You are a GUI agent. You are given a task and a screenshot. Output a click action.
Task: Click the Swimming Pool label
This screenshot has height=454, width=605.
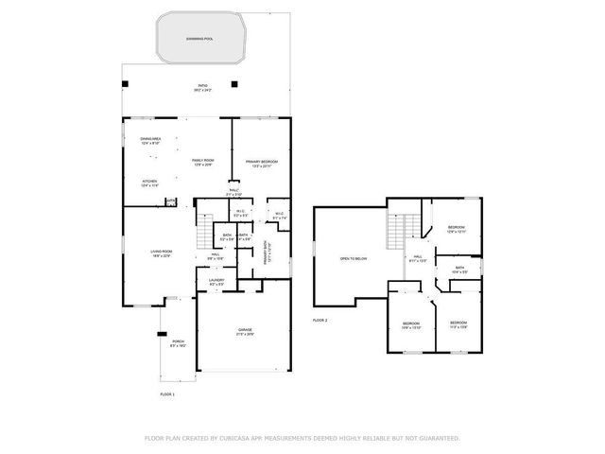pos(201,38)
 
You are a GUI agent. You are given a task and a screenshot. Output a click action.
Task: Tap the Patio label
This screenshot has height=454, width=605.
pos(202,88)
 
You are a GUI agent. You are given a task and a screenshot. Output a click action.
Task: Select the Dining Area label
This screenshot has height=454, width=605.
pos(151,141)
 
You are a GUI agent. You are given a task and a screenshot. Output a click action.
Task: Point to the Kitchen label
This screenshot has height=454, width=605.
pos(149,183)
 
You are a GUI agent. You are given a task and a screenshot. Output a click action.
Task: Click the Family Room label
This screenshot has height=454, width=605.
pos(203,163)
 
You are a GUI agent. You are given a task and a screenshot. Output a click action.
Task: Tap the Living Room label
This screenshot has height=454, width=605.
pos(160,253)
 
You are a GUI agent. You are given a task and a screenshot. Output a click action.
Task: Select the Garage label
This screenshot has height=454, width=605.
pos(244,331)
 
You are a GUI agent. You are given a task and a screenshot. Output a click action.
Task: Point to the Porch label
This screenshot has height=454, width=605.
pos(178,343)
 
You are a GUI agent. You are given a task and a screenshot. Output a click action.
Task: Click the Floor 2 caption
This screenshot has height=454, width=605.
pos(320,321)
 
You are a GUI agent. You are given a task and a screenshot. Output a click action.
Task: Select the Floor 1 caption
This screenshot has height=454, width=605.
pos(167,393)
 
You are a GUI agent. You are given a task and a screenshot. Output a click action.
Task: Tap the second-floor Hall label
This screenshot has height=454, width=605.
pos(416,258)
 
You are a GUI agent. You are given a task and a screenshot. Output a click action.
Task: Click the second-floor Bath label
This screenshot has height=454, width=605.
pos(459,270)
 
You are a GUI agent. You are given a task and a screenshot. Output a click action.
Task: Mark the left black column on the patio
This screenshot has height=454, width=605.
pos(124,85)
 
